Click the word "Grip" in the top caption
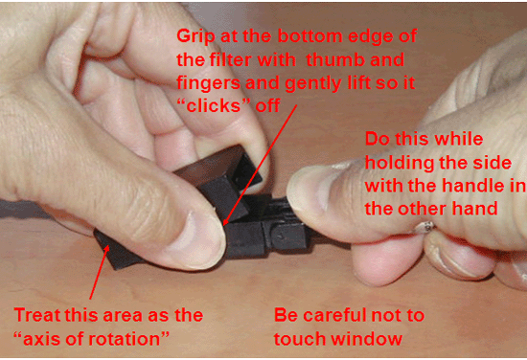tap(196, 36)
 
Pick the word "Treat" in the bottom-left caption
tap(38, 314)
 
